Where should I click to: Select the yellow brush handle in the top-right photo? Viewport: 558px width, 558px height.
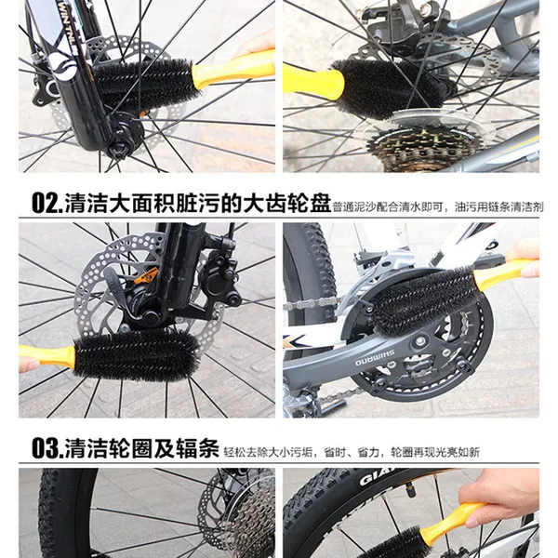click(308, 82)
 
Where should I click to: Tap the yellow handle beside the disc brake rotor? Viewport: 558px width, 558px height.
click(47, 356)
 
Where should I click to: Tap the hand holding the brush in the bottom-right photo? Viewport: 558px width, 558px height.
click(507, 498)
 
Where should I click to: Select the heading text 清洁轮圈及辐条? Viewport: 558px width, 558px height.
click(140, 451)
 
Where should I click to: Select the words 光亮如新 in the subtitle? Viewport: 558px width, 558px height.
click(461, 453)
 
